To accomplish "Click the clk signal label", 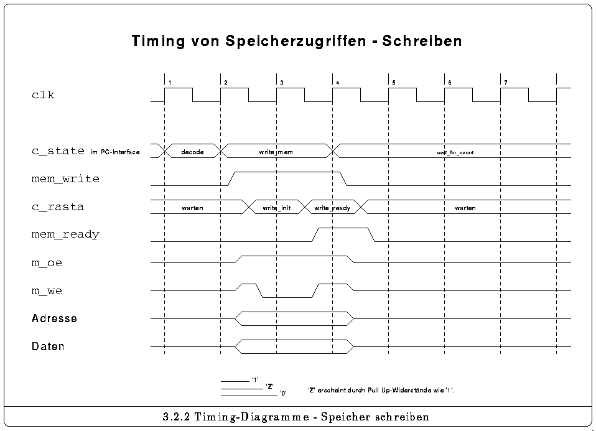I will coord(43,95).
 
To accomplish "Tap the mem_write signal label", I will coord(65,179).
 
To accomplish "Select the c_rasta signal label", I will coord(57,207).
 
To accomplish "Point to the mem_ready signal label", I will coord(65,234).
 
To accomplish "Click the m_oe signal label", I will coord(47,263).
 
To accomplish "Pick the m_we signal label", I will coord(47,290).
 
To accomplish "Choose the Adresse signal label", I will coord(54,318).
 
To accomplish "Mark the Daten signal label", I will coord(48,346).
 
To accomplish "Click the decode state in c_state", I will coord(192,152).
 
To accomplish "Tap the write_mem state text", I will coord(276,152).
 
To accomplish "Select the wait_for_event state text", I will coord(455,152).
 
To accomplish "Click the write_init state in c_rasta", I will coord(276,208).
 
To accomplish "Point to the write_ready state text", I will coord(332,208).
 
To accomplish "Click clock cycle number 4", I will coord(337,83).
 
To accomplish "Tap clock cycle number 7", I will coord(505,83).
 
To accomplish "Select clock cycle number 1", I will coord(169,83).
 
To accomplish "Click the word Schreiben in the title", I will coord(422,42).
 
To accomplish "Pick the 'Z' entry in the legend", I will coord(270,386).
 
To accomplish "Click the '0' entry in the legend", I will coord(283,394).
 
